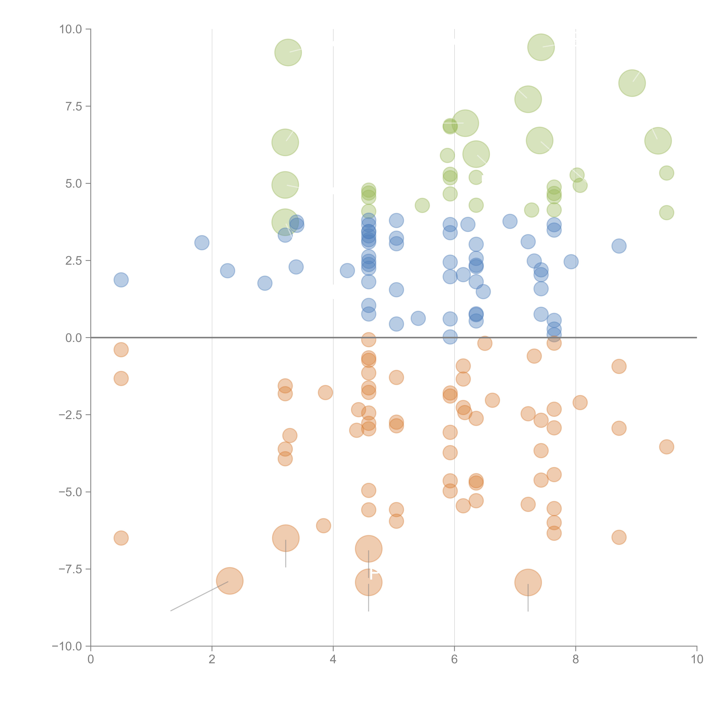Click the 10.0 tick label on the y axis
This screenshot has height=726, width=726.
point(71,29)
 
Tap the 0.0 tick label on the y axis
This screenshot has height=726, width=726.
point(74,338)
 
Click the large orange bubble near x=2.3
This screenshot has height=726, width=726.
point(230,581)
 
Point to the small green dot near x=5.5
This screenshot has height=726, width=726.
point(422,205)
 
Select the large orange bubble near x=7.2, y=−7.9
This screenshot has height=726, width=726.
point(528,582)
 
